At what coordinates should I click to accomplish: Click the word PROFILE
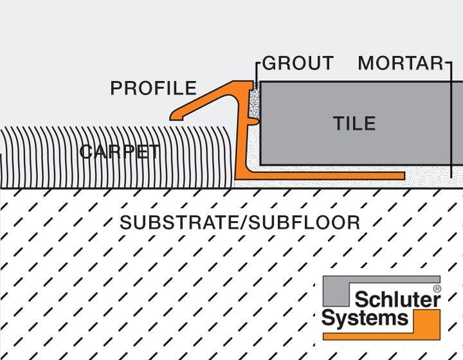153,88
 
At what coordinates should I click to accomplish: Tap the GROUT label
298,63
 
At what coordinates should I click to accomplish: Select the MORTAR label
400,63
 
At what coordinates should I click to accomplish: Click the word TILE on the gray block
354,123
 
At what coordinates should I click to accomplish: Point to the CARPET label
120,152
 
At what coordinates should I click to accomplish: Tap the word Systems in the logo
365,317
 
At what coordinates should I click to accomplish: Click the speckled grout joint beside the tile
254,103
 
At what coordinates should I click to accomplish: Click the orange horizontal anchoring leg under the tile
334,175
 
